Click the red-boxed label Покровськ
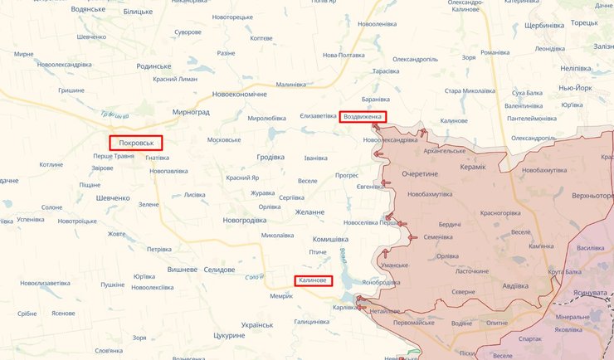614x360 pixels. point(136,143)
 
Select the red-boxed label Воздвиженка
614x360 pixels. point(363,117)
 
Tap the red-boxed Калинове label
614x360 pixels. point(313,281)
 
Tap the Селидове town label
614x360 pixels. point(225,270)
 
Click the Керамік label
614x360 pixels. point(475,167)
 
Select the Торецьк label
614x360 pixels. point(584,22)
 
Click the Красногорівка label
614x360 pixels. point(495,213)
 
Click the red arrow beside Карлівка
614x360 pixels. point(359,308)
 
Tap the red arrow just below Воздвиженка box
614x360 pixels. point(376,127)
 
